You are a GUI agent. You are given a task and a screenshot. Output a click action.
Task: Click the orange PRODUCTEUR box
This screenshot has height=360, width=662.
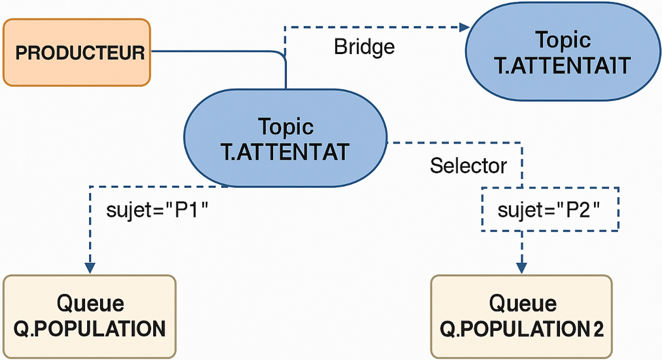(x=77, y=53)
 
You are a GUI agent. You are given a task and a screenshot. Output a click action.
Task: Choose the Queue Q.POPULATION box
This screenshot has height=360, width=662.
(x=90, y=316)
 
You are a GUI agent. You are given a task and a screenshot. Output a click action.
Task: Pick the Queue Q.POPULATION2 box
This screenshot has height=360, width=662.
(x=521, y=316)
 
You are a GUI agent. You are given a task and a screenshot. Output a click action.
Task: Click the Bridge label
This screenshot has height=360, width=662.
(x=364, y=47)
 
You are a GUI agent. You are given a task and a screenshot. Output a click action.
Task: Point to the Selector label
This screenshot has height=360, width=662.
(x=468, y=166)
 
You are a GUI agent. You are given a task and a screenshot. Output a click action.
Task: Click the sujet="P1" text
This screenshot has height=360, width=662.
(x=157, y=210)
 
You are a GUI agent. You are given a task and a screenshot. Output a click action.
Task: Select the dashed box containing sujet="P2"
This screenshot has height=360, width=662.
(x=550, y=209)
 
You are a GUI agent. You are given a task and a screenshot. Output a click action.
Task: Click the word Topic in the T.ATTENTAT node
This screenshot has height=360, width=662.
(x=286, y=127)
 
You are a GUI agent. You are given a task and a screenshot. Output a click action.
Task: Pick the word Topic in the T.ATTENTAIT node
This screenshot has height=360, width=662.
(x=563, y=41)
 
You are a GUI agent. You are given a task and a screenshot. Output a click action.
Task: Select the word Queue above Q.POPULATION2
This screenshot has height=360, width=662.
(x=523, y=303)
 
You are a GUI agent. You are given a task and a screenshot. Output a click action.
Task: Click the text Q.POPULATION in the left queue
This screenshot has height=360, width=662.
(x=90, y=329)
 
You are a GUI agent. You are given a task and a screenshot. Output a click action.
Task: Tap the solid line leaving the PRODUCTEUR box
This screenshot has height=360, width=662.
(x=215, y=51)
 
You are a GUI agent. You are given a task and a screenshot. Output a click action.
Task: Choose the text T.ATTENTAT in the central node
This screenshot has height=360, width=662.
(x=285, y=152)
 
